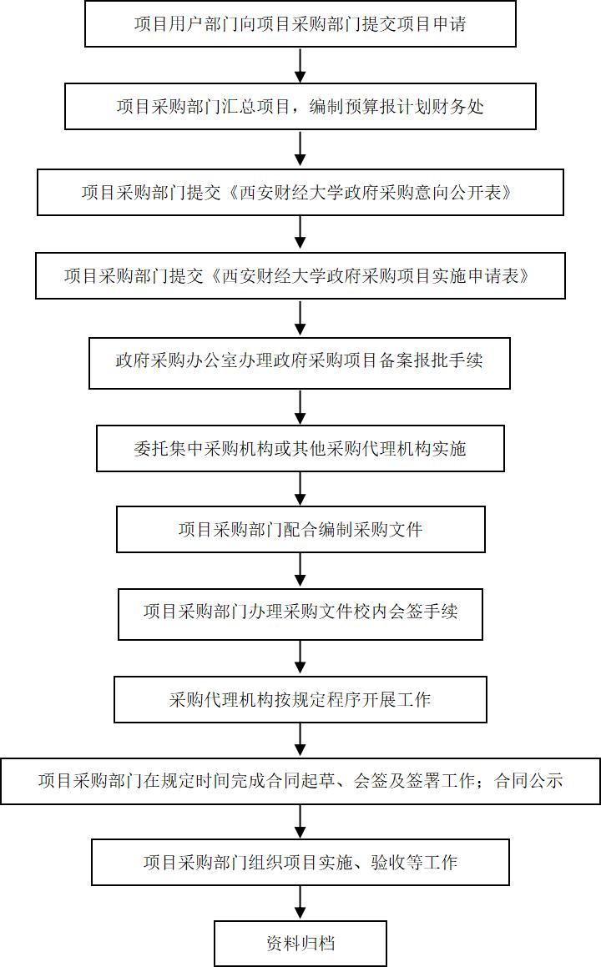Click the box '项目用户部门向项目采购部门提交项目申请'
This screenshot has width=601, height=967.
[300, 23]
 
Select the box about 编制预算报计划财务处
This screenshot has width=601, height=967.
[300, 107]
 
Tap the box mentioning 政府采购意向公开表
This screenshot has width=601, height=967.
[300, 193]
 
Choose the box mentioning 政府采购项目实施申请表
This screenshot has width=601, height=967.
[300, 275]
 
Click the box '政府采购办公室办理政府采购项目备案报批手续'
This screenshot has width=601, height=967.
[300, 363]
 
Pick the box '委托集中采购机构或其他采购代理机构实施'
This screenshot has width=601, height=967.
[300, 448]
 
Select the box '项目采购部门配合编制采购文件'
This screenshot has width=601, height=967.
[300, 529]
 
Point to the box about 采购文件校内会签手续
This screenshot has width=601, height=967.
[300, 613]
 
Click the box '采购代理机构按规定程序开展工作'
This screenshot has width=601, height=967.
[300, 699]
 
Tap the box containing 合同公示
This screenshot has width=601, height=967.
[300, 781]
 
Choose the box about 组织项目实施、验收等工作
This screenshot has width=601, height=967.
[300, 862]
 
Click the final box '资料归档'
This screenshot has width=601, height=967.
[300, 944]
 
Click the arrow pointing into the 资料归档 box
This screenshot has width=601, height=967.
[300, 903]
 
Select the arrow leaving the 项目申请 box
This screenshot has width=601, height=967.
[300, 65]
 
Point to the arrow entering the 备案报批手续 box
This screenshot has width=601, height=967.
[300, 318]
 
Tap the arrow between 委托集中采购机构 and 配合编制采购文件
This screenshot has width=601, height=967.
[300, 489]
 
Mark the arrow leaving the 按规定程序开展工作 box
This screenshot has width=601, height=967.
[300, 740]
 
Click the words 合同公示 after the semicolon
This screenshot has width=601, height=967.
[528, 781]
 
